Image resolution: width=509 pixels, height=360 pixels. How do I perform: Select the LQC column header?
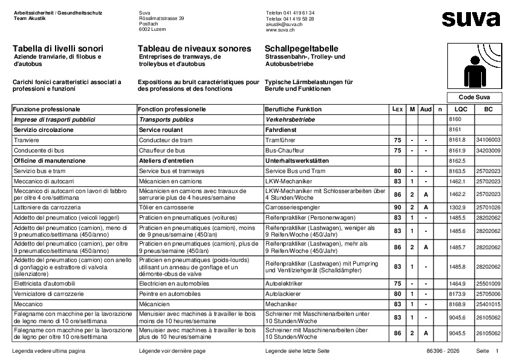click(x=461, y=110)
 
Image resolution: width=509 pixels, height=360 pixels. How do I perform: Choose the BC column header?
click(x=488, y=110)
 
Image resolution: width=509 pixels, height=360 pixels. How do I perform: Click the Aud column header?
click(x=426, y=110)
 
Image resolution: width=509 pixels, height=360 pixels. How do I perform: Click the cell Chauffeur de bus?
click(x=162, y=150)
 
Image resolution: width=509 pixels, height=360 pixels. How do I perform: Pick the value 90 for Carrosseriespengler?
click(x=397, y=207)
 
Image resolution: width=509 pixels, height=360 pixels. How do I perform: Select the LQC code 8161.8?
click(x=458, y=140)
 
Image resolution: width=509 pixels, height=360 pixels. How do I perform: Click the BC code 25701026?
click(x=488, y=207)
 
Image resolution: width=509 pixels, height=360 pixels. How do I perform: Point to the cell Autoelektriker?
click(x=285, y=284)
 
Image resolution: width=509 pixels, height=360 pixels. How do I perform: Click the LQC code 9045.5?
click(x=458, y=333)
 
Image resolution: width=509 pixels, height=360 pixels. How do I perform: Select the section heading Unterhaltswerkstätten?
click(x=298, y=161)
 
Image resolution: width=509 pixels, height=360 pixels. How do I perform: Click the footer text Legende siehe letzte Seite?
click(x=297, y=351)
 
